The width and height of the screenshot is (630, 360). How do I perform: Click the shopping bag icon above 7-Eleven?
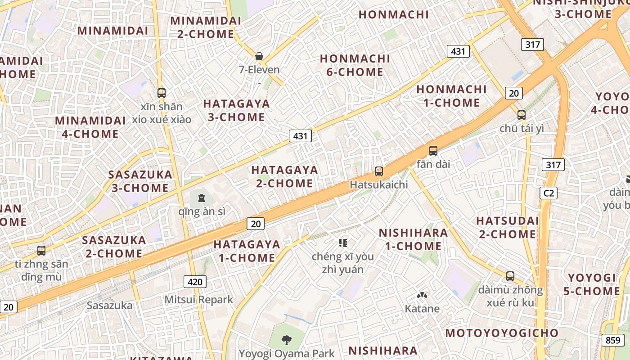coord(259,56)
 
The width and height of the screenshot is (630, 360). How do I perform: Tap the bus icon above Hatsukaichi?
coord(379,171)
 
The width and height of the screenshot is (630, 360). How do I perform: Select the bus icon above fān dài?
coord(433,151)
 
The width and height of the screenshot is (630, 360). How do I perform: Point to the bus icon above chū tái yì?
coord(522,115)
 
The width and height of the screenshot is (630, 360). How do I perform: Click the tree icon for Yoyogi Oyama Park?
coord(286,340)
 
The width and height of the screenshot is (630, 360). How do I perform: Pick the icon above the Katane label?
coord(422,296)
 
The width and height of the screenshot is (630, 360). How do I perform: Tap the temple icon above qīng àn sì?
coord(201,198)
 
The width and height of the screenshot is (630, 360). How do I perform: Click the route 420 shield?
coord(195,282)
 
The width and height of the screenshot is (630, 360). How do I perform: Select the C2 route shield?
coord(549,193)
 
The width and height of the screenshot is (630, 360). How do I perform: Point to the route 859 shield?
coord(613,340)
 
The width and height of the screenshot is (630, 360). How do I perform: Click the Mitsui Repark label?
coord(199,300)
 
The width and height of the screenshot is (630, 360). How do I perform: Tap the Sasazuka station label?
coord(110,306)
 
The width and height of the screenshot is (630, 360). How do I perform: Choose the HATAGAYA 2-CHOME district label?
coord(284,176)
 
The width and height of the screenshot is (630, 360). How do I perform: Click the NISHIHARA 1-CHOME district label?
coord(413,239)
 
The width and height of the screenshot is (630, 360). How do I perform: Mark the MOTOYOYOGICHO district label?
coord(502,333)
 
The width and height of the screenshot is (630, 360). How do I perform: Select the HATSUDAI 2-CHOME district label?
coord(507,227)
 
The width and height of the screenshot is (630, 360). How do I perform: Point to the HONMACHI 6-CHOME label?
coord(355,65)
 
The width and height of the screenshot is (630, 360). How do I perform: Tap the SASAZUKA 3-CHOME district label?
coord(140,181)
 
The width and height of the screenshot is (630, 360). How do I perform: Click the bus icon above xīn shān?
coord(162,93)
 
